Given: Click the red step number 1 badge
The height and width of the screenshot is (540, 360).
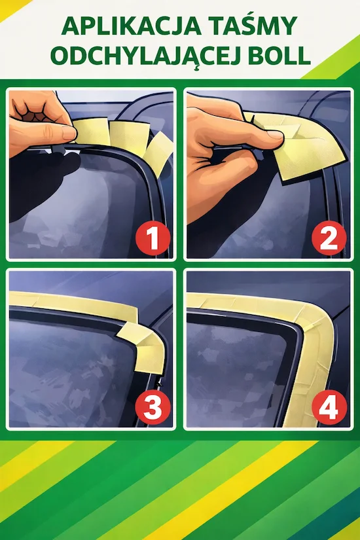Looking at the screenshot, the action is click(x=153, y=239).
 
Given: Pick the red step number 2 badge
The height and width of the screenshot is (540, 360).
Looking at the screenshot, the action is click(x=329, y=238).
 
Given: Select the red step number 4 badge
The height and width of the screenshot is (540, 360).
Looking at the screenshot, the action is click(x=329, y=408).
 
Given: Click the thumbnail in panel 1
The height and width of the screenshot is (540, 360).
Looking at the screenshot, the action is click(x=68, y=133).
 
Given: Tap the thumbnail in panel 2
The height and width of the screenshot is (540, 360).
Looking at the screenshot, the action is click(x=275, y=134).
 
